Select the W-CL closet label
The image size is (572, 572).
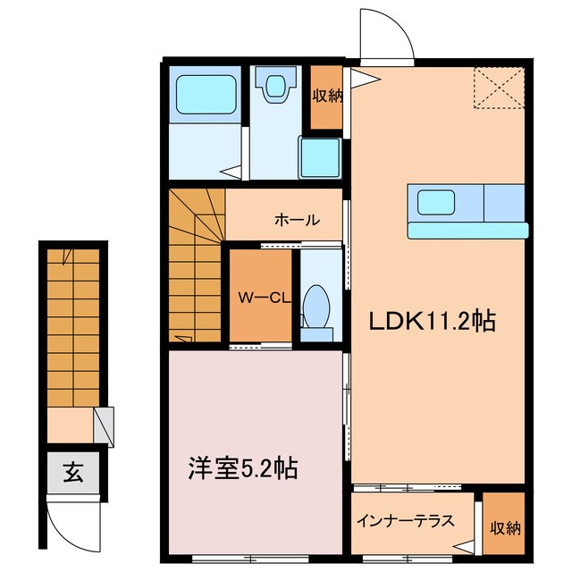pos(259,297)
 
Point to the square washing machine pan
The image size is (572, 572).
pos(320,158)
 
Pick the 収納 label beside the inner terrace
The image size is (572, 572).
pos(504,528)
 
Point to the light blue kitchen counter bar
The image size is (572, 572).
pos(466,231)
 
